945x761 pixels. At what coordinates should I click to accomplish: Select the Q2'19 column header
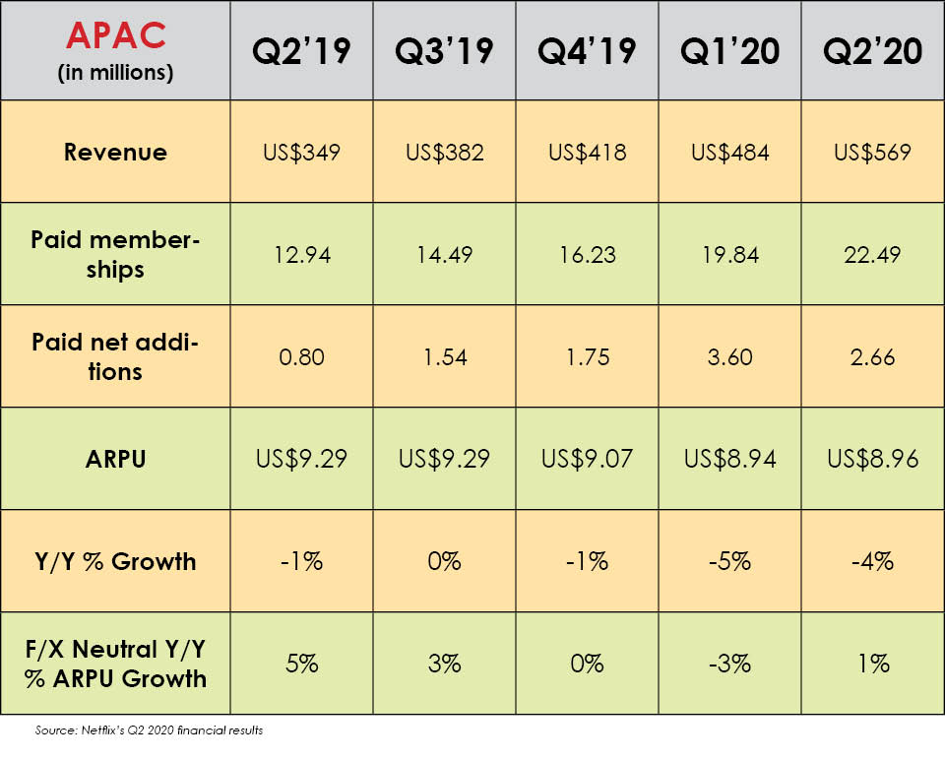pos(301,51)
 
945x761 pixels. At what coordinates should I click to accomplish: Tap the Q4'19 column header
pos(587,51)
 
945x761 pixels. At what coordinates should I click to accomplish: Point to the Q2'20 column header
pos(873,51)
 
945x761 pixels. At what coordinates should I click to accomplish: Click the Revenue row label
pos(115,153)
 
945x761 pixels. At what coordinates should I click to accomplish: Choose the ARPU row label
pos(115,459)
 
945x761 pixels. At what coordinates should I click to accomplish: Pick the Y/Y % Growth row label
pos(115,562)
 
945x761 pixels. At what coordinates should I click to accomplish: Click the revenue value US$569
pos(873,153)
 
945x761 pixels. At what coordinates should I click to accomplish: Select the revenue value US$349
pos(301,153)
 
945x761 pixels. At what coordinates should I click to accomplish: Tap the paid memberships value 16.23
pos(587,255)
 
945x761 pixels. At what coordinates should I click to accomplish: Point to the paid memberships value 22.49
pos(873,255)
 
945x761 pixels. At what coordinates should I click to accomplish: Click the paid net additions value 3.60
pos(729,356)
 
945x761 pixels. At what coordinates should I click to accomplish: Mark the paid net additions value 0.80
pos(301,356)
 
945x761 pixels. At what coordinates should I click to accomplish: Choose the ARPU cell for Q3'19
pos(444,459)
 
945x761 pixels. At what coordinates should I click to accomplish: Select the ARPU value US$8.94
pos(729,459)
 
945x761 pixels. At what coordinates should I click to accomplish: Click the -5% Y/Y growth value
pos(729,562)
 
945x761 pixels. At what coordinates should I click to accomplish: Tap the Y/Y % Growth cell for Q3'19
pos(444,562)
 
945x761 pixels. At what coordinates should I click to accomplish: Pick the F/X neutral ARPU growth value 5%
pos(301,664)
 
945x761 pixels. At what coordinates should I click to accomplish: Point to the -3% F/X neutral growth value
pos(729,664)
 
